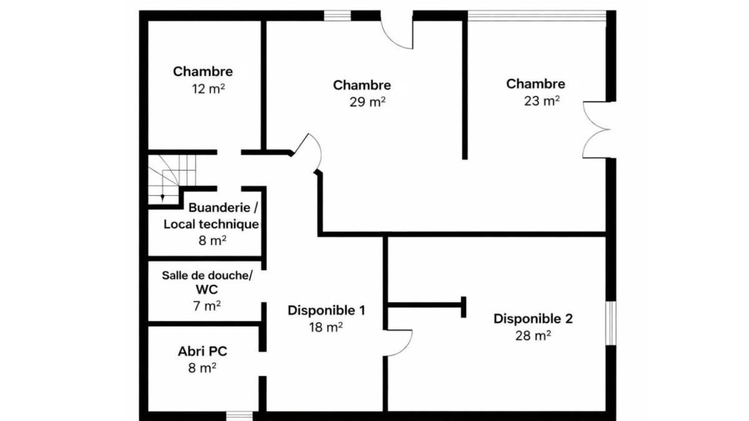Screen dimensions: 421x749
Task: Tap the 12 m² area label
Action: [208, 89]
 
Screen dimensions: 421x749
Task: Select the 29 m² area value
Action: [368, 102]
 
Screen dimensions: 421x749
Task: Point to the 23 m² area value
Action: [541, 100]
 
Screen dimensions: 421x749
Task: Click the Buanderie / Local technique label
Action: [211, 216]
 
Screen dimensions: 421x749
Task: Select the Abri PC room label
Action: [202, 352]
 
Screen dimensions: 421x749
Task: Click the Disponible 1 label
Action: [326, 311]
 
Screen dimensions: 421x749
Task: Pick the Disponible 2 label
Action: [532, 319]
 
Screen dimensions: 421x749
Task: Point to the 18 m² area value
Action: [326, 327]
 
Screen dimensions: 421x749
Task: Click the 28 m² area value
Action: [532, 335]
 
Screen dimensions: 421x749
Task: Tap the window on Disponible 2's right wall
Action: [611, 322]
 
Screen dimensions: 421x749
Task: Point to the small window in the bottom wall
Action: [240, 415]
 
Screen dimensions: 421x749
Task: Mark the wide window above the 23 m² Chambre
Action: [537, 16]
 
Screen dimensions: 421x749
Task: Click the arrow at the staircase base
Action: [163, 198]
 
